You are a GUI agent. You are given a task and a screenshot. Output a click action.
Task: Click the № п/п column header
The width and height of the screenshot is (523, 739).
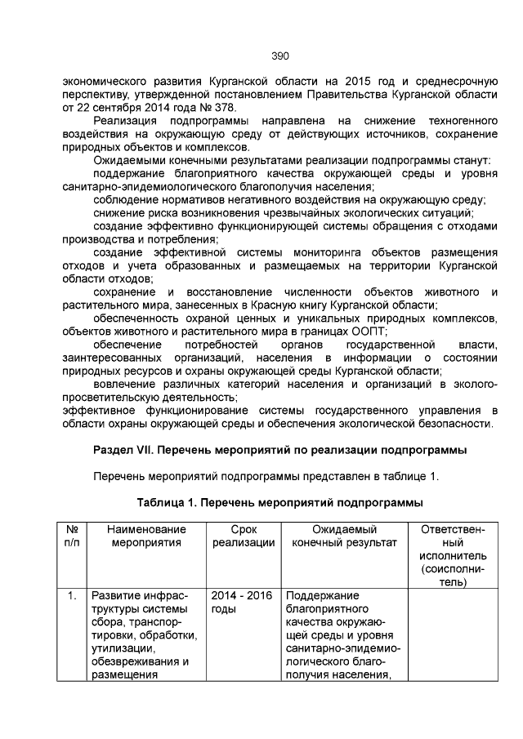71,536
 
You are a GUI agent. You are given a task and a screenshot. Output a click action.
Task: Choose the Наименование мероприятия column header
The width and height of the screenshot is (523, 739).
146,536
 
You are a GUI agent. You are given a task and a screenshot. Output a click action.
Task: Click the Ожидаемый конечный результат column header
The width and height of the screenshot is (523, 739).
344,536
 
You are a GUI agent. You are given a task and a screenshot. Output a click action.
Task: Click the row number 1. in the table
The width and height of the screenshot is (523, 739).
71,595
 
